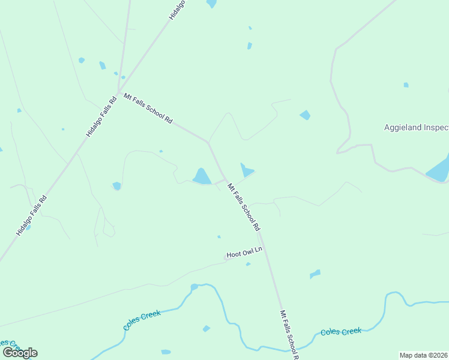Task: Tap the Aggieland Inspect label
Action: pos(416,127)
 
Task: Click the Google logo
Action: pos(19,352)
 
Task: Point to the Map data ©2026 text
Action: pos(424,355)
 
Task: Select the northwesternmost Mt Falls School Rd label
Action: pos(148,108)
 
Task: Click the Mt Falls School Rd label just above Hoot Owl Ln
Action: pos(243,208)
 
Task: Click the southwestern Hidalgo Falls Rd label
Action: pos(31,215)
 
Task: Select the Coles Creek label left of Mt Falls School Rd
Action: pos(142,320)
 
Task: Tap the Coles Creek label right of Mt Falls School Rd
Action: pos(341,331)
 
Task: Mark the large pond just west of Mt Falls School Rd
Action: pos(202,176)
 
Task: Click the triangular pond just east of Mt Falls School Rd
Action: pos(246,170)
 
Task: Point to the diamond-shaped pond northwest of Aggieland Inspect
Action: pos(305,115)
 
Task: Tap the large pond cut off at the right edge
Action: pos(439,169)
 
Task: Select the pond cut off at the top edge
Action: pos(211,3)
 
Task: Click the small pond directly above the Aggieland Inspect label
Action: pos(406,85)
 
